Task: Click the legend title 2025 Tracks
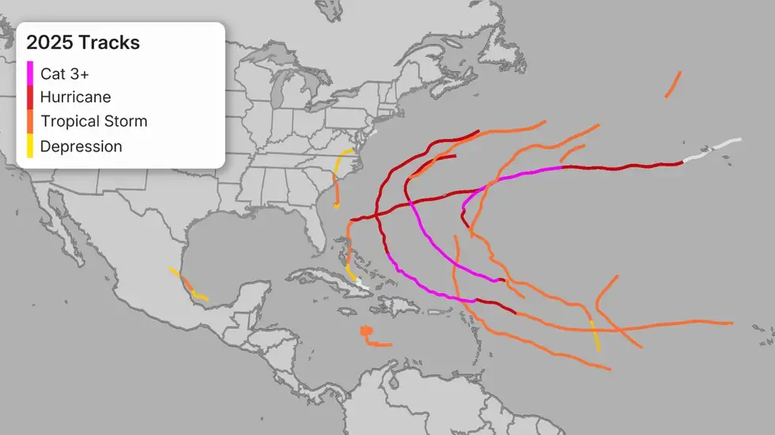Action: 83,43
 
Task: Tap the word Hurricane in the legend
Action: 75,97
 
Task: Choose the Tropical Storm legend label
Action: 93,122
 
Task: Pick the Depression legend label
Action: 81,146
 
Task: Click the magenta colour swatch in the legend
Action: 30,73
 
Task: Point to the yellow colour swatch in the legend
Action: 30,146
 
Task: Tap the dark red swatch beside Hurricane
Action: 30,97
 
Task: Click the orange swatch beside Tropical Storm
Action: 30,122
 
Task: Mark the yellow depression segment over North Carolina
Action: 342,158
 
